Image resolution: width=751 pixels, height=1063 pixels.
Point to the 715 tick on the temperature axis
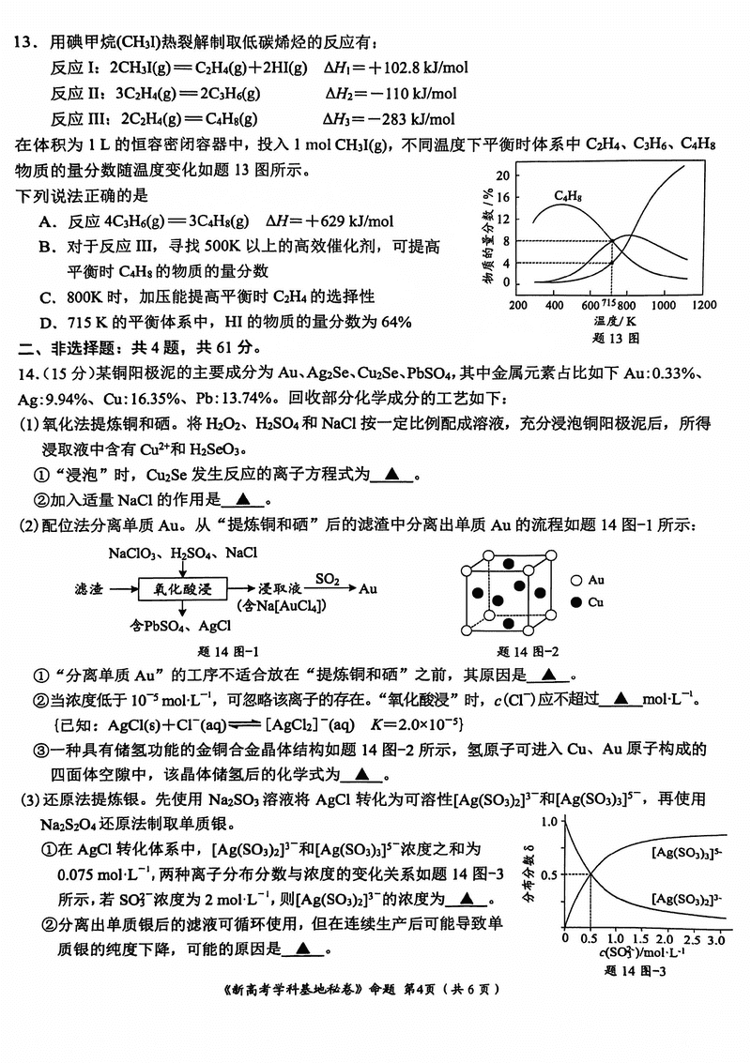point(608,304)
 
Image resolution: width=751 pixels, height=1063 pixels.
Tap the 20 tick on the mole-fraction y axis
point(503,175)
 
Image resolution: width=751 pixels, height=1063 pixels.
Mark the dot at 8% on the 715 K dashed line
point(612,241)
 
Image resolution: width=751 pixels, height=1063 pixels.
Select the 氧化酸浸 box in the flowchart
point(183,589)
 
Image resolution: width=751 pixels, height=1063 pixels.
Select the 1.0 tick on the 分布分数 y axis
point(549,822)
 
